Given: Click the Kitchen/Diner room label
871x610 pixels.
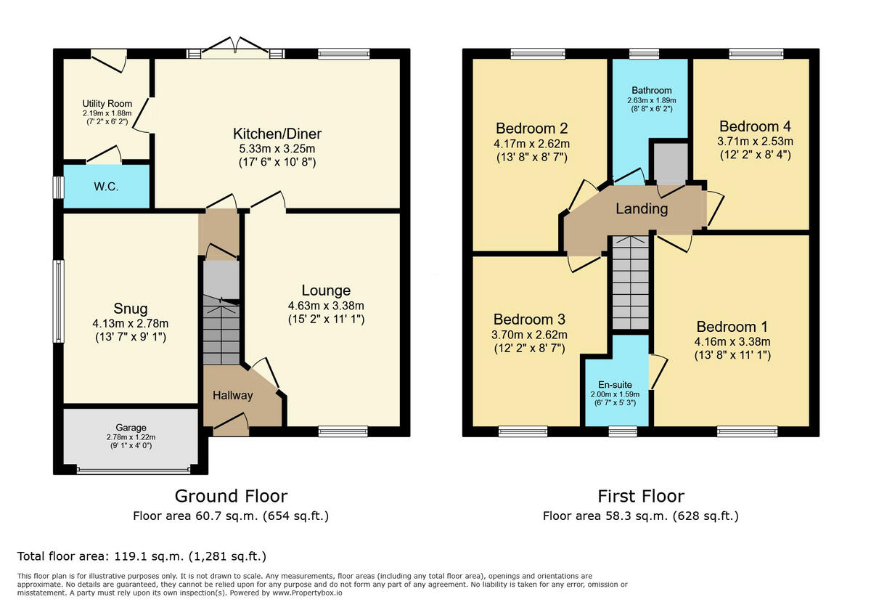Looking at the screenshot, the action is click(277, 134).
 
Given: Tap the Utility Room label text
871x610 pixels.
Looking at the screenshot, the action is click(107, 103).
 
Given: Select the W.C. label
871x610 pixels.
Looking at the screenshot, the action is click(106, 187).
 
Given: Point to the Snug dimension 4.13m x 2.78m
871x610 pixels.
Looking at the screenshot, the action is click(131, 323).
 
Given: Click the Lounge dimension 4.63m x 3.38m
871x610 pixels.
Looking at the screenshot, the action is click(326, 306).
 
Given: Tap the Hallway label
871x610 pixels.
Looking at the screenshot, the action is click(233, 396).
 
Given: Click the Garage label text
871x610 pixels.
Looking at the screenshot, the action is click(131, 428).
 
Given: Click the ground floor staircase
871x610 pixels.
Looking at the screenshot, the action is click(221, 330).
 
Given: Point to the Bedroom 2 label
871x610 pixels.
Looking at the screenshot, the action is click(532, 128).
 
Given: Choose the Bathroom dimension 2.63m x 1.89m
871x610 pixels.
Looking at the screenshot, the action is click(652, 100).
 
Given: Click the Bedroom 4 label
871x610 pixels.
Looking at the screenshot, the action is click(755, 126).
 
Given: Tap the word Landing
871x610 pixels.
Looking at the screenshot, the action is click(642, 209).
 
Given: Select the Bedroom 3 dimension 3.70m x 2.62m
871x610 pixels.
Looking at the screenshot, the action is click(530, 335).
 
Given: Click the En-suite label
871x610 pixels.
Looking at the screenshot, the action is click(616, 385).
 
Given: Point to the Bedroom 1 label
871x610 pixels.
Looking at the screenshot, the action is click(732, 327).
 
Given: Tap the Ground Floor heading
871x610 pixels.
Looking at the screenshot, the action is click(232, 497).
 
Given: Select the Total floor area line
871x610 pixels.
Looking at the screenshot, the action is click(142, 556).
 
